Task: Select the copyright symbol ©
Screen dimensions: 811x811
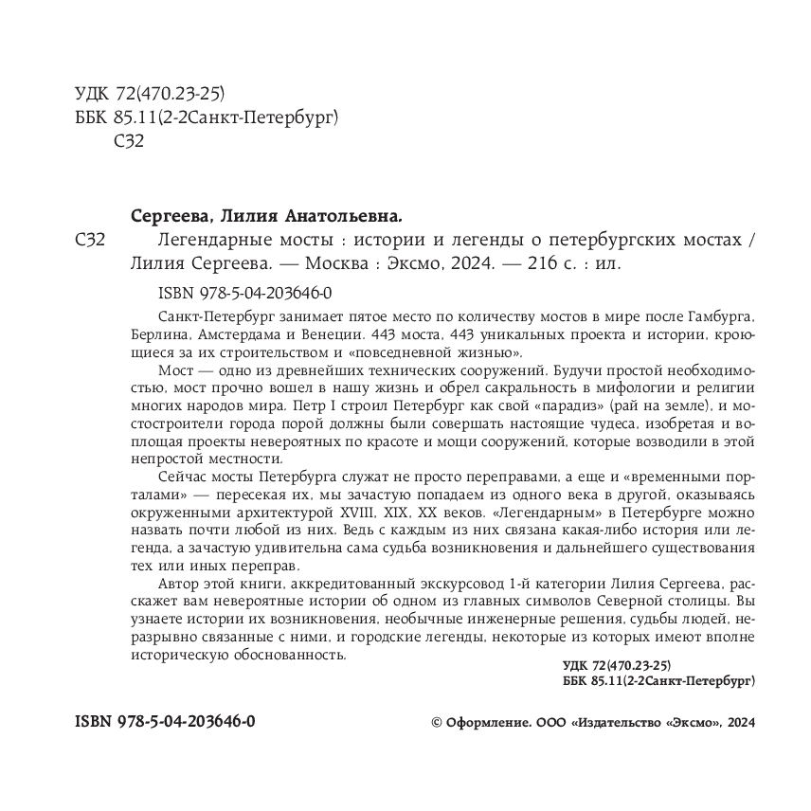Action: coord(437,722)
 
